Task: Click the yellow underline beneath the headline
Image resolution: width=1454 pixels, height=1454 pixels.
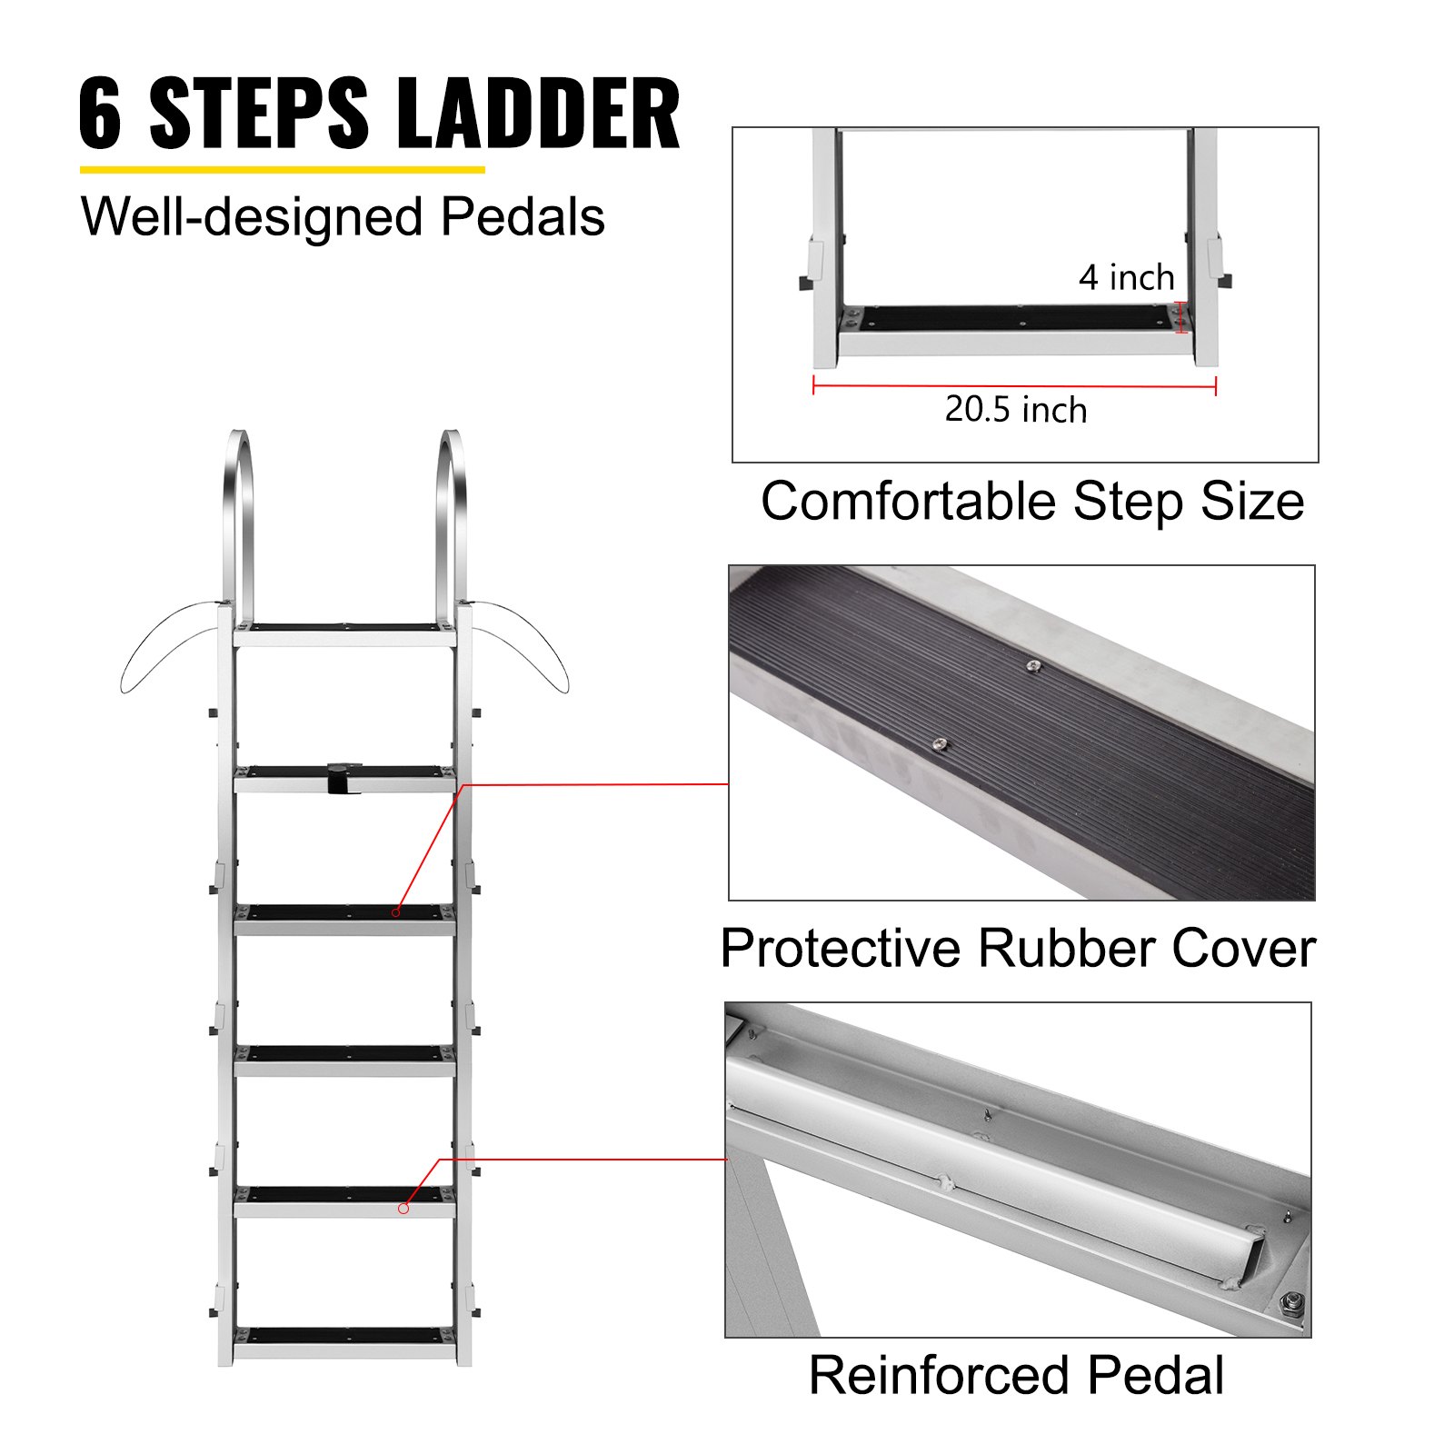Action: coord(282,169)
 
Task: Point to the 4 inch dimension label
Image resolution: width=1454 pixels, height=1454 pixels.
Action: coord(1126,278)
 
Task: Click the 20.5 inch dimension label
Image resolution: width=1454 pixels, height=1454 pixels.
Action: coord(1015,410)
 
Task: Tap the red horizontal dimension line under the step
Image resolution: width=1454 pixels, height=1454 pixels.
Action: coord(1013,386)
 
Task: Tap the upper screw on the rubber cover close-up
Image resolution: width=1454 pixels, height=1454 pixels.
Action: coord(1033,667)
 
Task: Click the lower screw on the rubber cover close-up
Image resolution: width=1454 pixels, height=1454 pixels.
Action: coord(941,744)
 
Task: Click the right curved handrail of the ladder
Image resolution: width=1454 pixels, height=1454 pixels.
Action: coord(452,518)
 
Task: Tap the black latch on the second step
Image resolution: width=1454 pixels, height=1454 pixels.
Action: coord(340,779)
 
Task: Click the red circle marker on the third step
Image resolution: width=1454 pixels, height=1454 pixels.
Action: coord(396,911)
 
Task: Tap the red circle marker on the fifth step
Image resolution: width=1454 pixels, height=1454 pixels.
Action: coord(403,1208)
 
